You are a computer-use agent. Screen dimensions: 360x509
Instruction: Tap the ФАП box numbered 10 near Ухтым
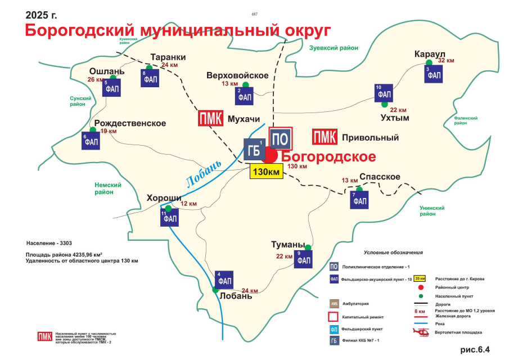pyautogui.click(x=384, y=93)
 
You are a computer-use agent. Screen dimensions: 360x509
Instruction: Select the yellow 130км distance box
pyautogui.click(x=266, y=172)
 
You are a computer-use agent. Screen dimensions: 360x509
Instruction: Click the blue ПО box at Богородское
pyautogui.click(x=281, y=138)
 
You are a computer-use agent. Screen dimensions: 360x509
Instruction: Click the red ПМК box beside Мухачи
pyautogui.click(x=210, y=119)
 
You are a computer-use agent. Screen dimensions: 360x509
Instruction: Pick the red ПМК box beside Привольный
pyautogui.click(x=325, y=137)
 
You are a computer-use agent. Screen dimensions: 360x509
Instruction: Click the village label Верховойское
pyautogui.click(x=237, y=75)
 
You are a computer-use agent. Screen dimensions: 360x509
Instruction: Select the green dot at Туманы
pyautogui.click(x=308, y=247)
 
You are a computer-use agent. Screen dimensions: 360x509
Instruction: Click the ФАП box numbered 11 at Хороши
pyautogui.click(x=169, y=218)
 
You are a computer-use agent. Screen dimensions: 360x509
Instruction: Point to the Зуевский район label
pyautogui.click(x=334, y=48)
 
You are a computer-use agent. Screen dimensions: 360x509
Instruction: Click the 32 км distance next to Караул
pyautogui.click(x=445, y=60)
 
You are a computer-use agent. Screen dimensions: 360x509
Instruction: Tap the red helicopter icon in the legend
pyautogui.click(x=421, y=332)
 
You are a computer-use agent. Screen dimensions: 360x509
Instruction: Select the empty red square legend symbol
pyautogui.click(x=334, y=317)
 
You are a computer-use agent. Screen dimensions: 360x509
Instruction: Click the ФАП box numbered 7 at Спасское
pyautogui.click(x=359, y=200)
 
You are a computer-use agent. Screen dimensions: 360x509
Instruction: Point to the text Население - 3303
pyautogui.click(x=49, y=244)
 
